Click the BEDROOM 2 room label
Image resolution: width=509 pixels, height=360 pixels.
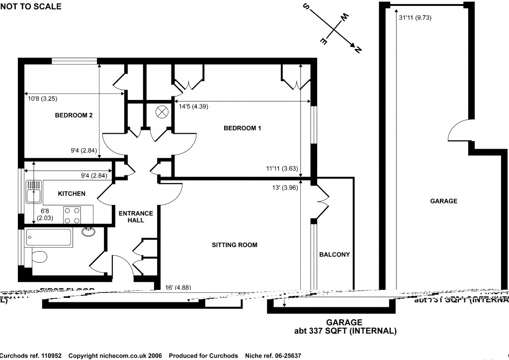74,115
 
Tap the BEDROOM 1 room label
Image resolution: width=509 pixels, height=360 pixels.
242,128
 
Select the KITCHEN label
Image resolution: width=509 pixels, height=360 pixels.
72,193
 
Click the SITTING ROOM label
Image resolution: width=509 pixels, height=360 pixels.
235,245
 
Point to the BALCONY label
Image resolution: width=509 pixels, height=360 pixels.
334,255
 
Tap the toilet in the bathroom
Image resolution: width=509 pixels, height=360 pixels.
38,257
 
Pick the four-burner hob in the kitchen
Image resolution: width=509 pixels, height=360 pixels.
72,215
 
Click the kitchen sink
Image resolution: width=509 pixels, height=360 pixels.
34,192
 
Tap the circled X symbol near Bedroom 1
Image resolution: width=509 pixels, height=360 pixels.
162,112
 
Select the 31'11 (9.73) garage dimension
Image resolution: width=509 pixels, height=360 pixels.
417,18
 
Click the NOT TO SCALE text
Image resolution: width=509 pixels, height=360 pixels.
31,6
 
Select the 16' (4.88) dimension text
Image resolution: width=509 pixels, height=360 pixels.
178,287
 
